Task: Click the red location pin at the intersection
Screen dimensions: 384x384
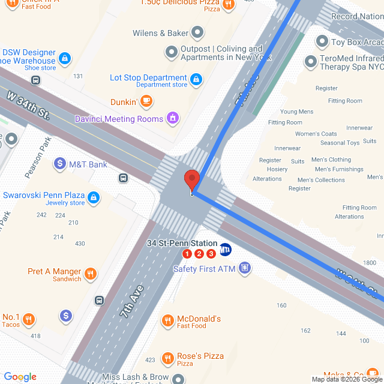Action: click(191, 180)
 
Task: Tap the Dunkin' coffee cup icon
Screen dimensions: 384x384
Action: click(146, 102)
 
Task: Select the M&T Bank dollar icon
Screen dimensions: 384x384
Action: click(60, 163)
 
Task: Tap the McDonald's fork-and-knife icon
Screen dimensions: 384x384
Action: click(169, 321)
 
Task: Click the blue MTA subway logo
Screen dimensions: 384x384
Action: click(226, 250)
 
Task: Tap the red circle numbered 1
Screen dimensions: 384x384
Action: click(187, 254)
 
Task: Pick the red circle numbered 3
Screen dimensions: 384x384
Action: click(211, 254)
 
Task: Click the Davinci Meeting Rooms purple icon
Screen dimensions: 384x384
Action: click(173, 118)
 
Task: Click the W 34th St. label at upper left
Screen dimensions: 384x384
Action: click(28, 103)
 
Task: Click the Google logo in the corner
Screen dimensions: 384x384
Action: click(20, 377)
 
